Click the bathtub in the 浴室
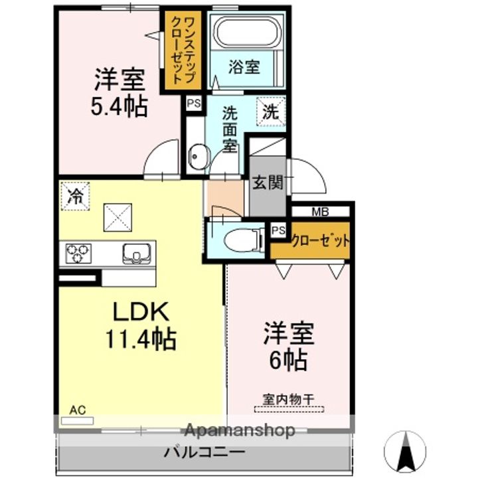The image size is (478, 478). coord(247,32)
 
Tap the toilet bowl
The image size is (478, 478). coord(244,240)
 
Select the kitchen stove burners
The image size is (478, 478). coord(78,254)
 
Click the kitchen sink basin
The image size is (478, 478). coord(137,254)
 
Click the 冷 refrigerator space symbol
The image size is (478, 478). coord(75,196)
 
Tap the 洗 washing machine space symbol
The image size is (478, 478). coord(271,112)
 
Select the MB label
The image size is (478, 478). coord(320,212)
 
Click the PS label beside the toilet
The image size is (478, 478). coord(278,230)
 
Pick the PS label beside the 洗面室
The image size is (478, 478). coord(194,104)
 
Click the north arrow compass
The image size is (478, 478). coord(405,450)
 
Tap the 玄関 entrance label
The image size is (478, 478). coord(268,183)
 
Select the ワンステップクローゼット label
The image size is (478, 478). coord(183,50)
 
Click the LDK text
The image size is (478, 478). coord(141,311)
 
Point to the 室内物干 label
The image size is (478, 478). coord(288,400)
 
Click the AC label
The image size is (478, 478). coord(78,410)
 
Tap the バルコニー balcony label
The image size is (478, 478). coord(204,452)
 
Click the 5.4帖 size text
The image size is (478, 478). coord(119,107)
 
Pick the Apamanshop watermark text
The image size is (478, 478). coord(240,430)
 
